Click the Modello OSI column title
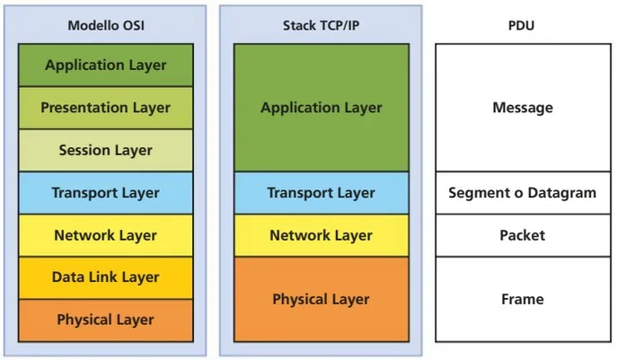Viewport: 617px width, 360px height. click(106, 25)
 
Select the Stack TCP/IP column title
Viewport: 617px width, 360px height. click(321, 25)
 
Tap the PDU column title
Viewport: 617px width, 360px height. click(522, 25)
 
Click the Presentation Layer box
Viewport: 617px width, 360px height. click(106, 108)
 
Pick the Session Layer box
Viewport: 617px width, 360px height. click(106, 150)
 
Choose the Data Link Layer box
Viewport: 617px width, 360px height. click(106, 277)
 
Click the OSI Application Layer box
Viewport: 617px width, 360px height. click(106, 65)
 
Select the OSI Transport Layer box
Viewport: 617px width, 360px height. click(106, 192)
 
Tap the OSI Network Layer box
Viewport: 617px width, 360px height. click(106, 235)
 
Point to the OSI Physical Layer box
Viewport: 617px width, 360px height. click(106, 320)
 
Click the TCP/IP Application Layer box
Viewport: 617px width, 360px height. click(321, 108)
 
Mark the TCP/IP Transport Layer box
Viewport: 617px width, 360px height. click(321, 192)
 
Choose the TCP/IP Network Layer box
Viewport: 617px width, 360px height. click(321, 235)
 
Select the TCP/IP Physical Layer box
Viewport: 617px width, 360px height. click(321, 299)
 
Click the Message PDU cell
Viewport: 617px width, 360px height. click(522, 108)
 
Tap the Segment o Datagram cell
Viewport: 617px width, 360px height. click(522, 192)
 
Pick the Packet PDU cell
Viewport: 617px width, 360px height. click(522, 235)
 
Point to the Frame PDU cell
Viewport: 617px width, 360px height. click(522, 299)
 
